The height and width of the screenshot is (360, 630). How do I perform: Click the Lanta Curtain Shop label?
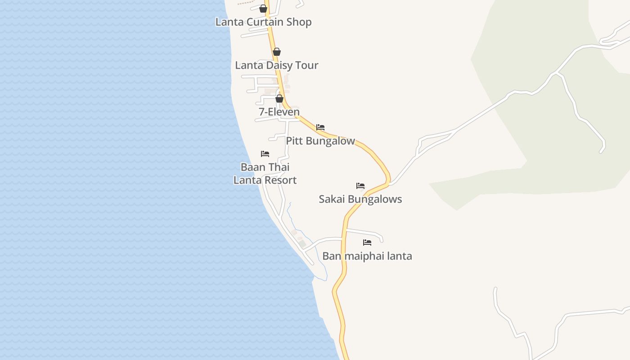pyautogui.click(x=263, y=22)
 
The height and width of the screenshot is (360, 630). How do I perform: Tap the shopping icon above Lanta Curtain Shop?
pyautogui.click(x=263, y=8)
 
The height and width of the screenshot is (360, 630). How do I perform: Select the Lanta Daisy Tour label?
pyautogui.click(x=276, y=65)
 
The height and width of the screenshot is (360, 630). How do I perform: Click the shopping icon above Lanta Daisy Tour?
pyautogui.click(x=277, y=52)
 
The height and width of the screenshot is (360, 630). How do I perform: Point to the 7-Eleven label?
pyautogui.click(x=279, y=112)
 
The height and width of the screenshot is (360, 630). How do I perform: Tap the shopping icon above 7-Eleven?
pyautogui.click(x=279, y=99)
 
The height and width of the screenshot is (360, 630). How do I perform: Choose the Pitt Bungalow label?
pyautogui.click(x=320, y=141)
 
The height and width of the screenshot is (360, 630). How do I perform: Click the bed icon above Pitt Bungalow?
pyautogui.click(x=320, y=127)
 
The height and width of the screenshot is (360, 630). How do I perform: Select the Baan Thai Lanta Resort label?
pyautogui.click(x=265, y=174)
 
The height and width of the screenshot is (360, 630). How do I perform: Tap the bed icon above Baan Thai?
pyautogui.click(x=265, y=154)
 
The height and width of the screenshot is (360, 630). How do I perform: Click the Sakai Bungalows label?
pyautogui.click(x=360, y=199)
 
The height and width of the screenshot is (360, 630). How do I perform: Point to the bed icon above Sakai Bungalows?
pyautogui.click(x=360, y=185)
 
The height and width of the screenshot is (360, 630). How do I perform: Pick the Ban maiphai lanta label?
pyautogui.click(x=367, y=256)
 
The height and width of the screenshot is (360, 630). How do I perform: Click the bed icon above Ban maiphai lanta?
pyautogui.click(x=367, y=243)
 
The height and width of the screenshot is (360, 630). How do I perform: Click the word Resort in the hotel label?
pyautogui.click(x=279, y=180)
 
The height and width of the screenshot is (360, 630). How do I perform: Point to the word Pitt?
pyautogui.click(x=294, y=141)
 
